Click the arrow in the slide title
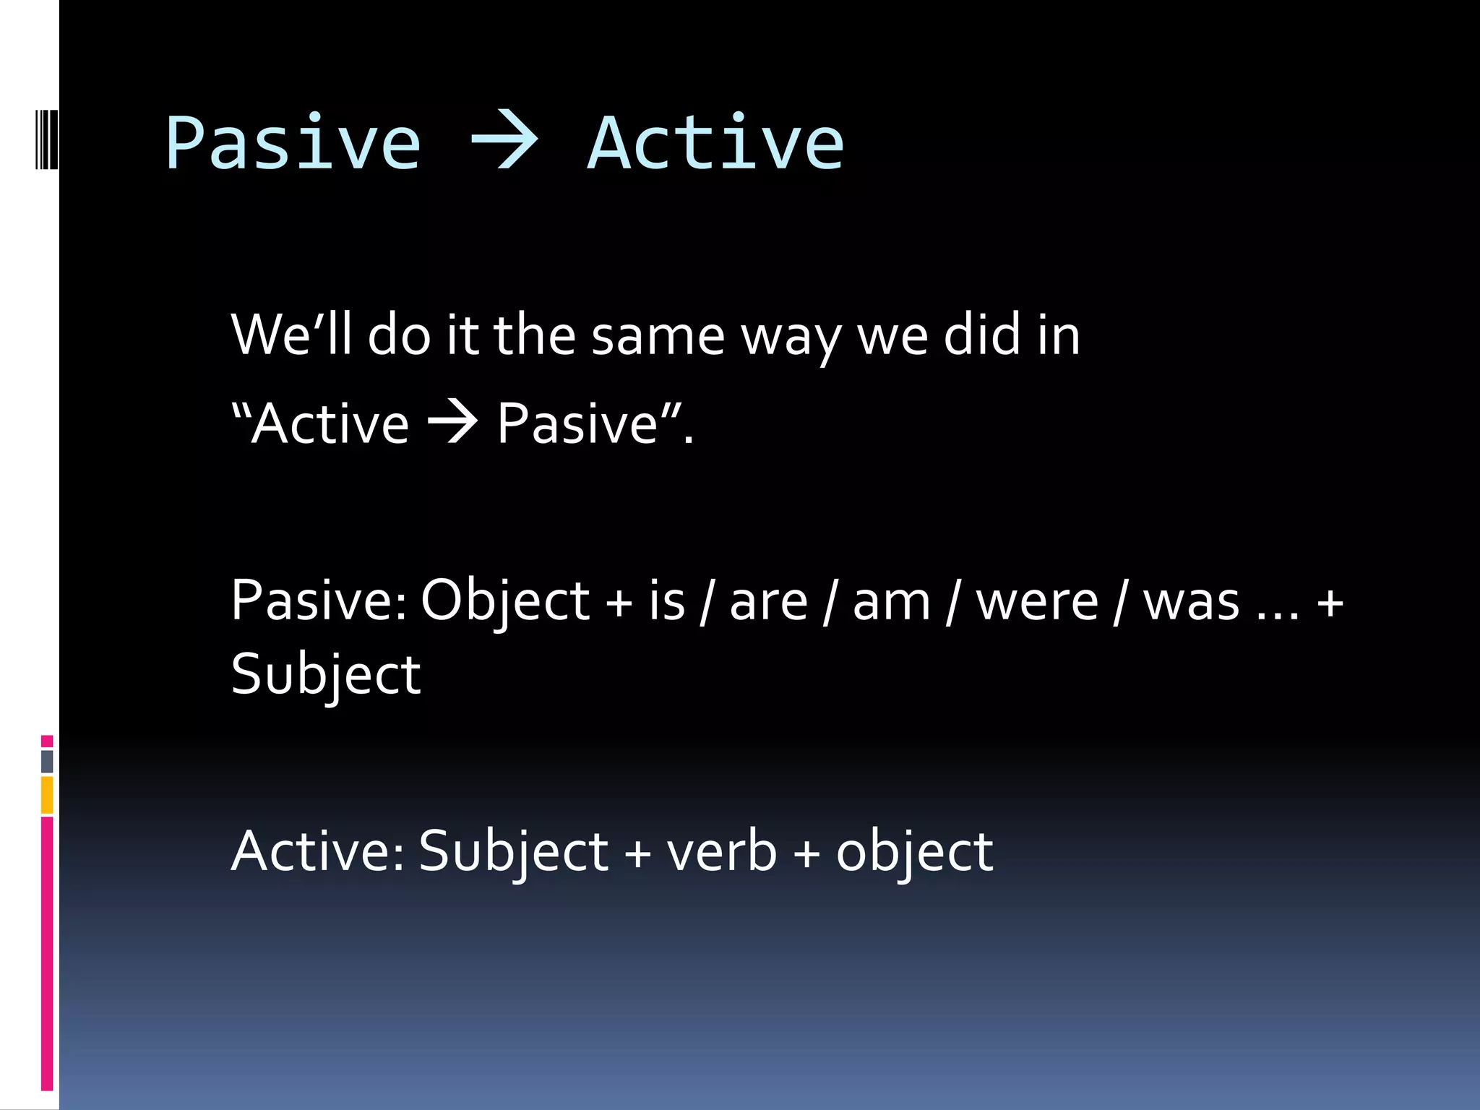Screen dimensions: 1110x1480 coord(504,142)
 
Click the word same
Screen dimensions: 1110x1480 coord(658,336)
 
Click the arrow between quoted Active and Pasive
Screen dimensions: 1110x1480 coord(453,422)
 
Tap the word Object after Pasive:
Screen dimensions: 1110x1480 coord(505,601)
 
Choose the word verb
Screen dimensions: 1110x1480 coord(720,851)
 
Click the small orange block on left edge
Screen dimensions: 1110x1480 coord(47,795)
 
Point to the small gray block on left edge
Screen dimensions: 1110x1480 coord(47,761)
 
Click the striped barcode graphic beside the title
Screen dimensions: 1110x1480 coord(46,139)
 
